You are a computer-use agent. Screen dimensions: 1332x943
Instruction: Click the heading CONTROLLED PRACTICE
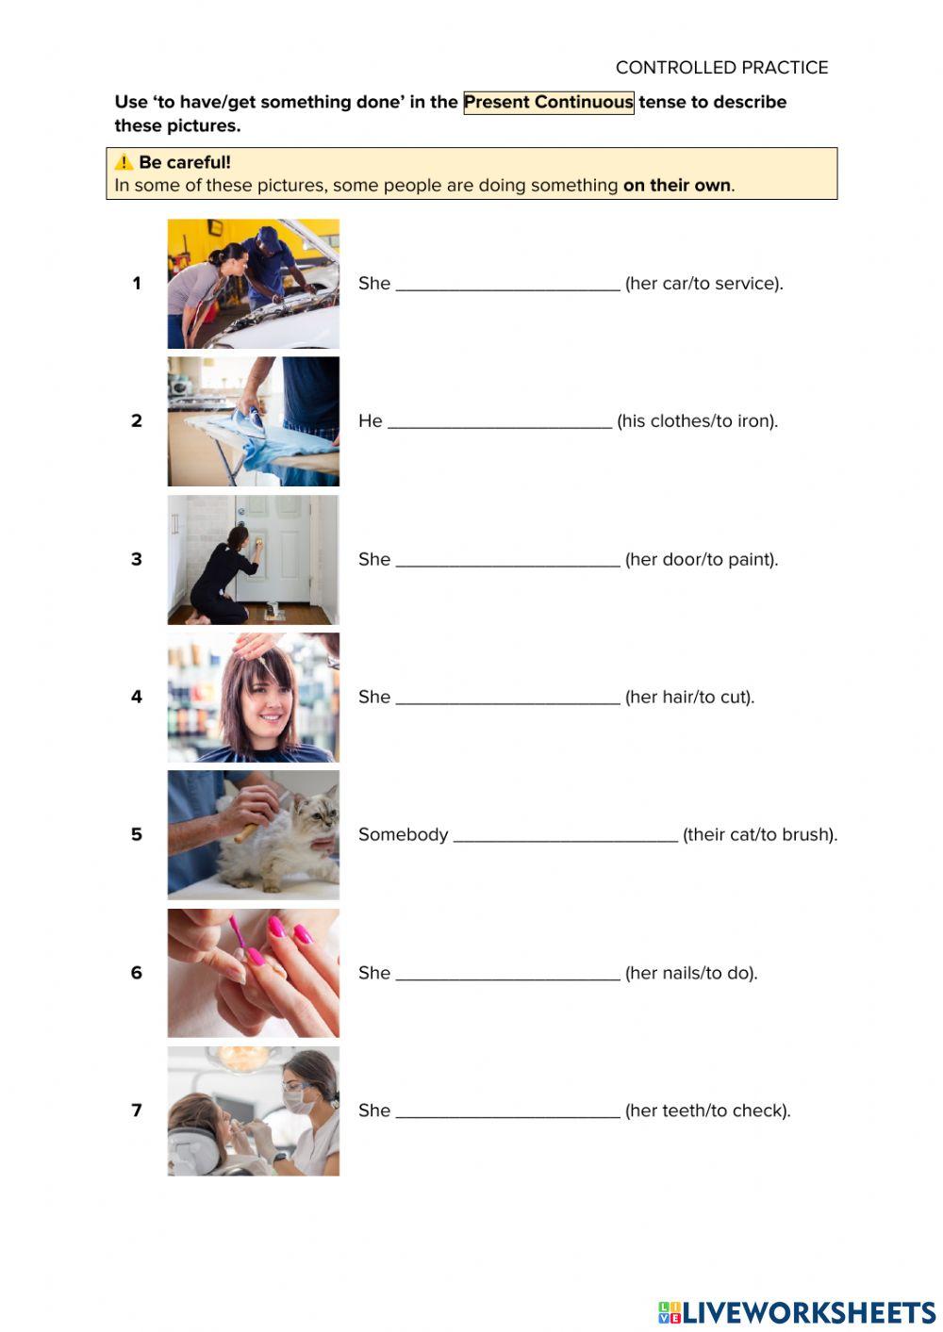click(x=721, y=68)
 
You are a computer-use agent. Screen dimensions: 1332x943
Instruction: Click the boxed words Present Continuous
click(x=548, y=102)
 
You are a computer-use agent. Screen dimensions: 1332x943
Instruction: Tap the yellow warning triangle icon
click(x=124, y=162)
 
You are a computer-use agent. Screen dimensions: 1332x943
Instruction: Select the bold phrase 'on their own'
click(x=676, y=185)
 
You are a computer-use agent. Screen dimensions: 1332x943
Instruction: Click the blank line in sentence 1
click(x=507, y=286)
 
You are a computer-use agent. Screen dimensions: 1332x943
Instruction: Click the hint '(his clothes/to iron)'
click(x=697, y=421)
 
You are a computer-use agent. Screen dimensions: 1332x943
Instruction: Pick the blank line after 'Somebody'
click(x=565, y=837)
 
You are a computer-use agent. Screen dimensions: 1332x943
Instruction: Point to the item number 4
click(x=137, y=697)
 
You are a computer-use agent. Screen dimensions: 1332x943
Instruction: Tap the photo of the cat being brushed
click(x=253, y=834)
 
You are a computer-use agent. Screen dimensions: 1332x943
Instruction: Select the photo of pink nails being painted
click(x=253, y=973)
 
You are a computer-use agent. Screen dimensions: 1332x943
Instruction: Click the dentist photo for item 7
click(x=253, y=1110)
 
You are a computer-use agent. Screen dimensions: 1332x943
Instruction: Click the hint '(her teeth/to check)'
click(x=707, y=1110)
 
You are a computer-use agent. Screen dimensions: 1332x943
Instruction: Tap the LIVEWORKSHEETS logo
click(x=797, y=1312)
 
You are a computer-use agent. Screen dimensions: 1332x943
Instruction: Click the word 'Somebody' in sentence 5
click(x=403, y=834)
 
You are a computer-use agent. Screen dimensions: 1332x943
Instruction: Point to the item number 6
click(x=137, y=973)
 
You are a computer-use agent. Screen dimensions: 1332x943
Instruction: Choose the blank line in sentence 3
click(x=507, y=562)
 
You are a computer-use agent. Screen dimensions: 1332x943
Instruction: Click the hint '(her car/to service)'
click(x=703, y=283)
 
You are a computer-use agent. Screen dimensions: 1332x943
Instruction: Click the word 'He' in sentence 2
click(x=370, y=421)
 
